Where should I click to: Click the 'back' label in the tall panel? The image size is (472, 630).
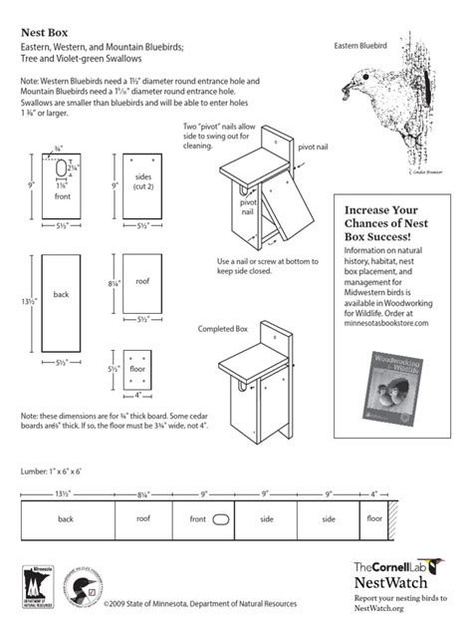coord(61,294)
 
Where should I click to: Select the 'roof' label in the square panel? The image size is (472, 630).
coord(141,281)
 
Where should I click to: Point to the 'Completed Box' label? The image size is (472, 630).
coord(222,329)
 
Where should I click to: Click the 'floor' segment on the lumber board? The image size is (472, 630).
coord(374,518)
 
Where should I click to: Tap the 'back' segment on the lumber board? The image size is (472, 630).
coord(66,518)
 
